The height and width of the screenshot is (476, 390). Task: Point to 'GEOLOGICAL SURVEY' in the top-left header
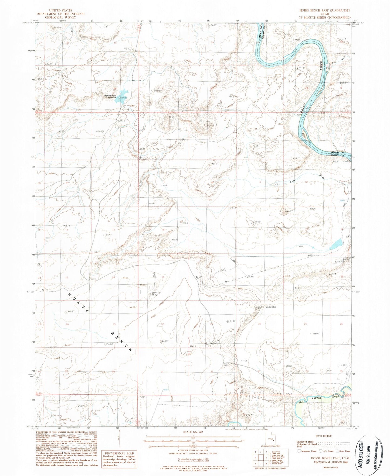(x=60, y=17)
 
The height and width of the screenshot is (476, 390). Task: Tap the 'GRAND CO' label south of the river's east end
(x=337, y=153)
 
